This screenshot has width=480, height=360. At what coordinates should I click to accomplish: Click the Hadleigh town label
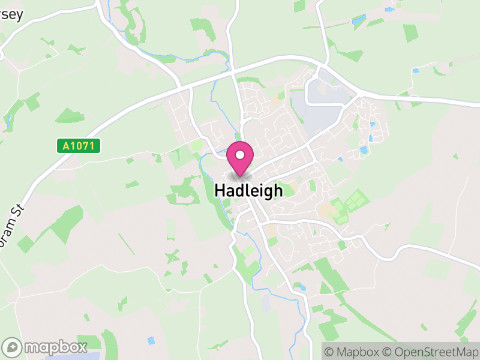tap(248, 191)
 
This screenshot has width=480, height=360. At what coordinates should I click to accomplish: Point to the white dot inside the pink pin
tap(240, 155)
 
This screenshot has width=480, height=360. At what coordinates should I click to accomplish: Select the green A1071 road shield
tap(79, 146)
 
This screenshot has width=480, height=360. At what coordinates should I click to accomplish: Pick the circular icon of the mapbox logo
tap(12, 347)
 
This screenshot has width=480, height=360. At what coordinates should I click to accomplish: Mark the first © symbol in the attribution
tap(329, 351)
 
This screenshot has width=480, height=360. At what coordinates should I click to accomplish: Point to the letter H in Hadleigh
tap(220, 191)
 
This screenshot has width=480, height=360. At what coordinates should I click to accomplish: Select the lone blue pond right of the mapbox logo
tap(151, 340)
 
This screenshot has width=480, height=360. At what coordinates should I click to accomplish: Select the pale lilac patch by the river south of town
tap(266, 303)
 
